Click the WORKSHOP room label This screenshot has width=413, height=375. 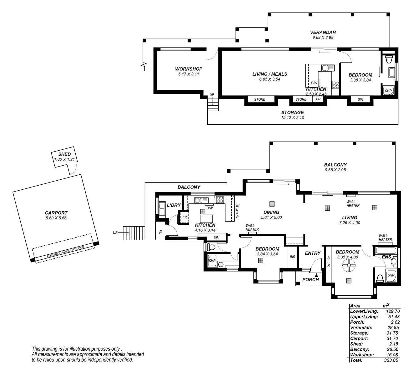pyautogui.click(x=189, y=69)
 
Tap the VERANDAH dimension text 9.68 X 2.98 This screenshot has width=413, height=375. pyautogui.click(x=323, y=37)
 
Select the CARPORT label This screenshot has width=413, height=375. pyautogui.click(x=56, y=213)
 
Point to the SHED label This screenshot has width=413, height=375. pyautogui.click(x=64, y=154)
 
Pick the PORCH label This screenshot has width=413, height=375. pyautogui.click(x=310, y=280)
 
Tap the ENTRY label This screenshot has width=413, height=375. pyautogui.click(x=313, y=253)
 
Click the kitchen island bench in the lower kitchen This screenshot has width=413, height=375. pyautogui.click(x=206, y=218)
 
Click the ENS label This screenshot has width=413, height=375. pyautogui.click(x=386, y=257)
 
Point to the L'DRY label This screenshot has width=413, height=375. pyautogui.click(x=174, y=205)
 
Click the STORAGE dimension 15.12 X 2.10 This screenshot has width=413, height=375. pyautogui.click(x=292, y=117)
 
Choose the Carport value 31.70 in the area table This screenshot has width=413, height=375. pyautogui.click(x=393, y=338)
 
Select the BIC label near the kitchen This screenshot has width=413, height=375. pyautogui.click(x=216, y=237)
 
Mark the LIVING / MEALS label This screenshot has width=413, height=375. pyautogui.click(x=269, y=74)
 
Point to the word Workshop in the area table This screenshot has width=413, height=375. pyautogui.click(x=362, y=355)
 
